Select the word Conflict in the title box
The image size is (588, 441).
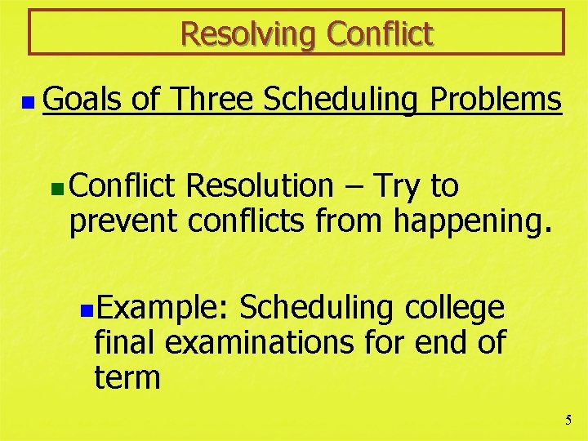[x=380, y=33]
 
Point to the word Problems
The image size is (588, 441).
[x=496, y=100]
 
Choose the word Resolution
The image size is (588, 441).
[x=260, y=186]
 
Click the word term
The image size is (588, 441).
[x=127, y=377]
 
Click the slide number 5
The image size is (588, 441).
[x=568, y=421]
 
